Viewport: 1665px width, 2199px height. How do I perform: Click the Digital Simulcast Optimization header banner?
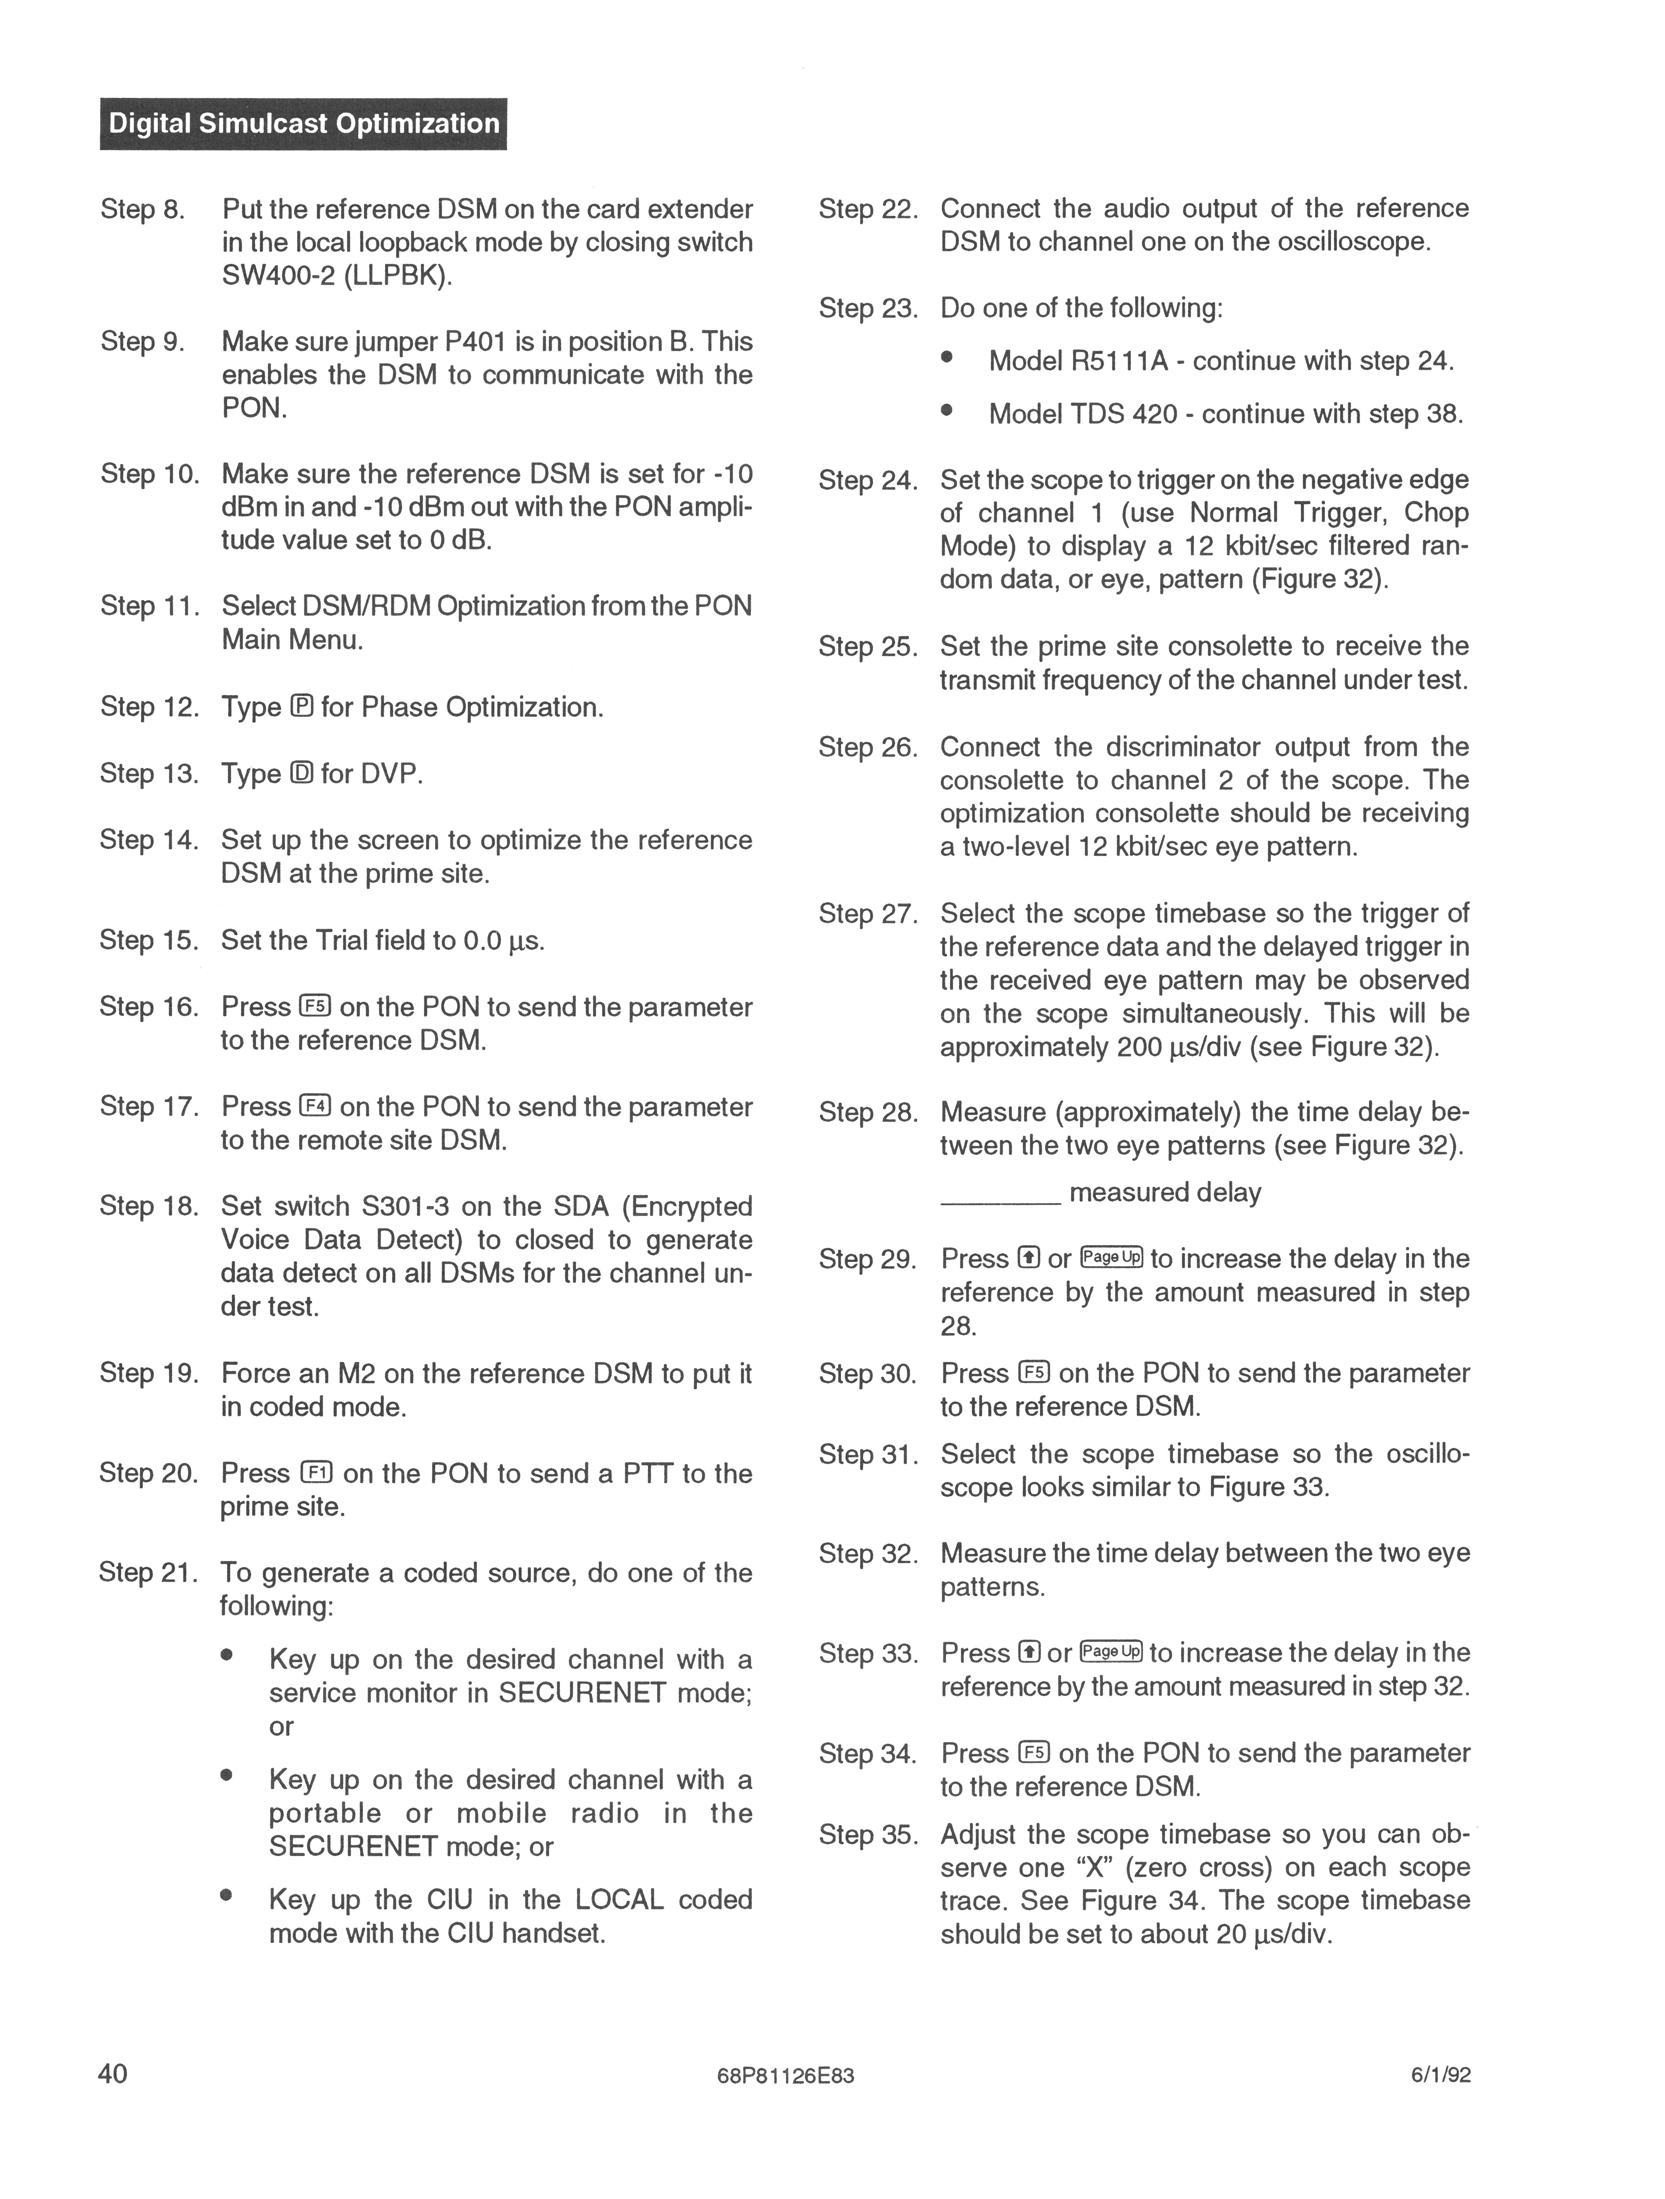click(x=303, y=123)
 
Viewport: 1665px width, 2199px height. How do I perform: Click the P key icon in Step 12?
click(x=302, y=707)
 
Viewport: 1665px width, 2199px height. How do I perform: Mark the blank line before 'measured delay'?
click(x=1000, y=1204)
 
